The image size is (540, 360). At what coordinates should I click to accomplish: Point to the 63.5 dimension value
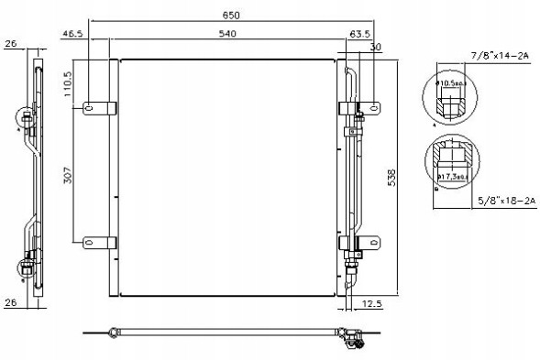click(358, 34)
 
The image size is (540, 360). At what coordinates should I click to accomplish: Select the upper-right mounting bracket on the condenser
click(352, 108)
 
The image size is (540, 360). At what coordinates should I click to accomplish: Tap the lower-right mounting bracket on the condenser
click(352, 243)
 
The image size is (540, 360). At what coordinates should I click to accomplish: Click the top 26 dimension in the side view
click(10, 42)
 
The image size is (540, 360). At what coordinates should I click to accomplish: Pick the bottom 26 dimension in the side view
click(10, 303)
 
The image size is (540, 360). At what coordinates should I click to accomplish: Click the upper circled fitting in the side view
click(28, 118)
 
